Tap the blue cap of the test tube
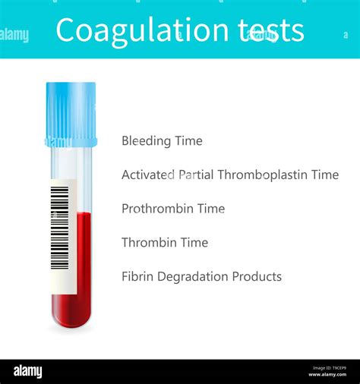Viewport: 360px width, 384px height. click(x=71, y=114)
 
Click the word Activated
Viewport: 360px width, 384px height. click(x=145, y=175)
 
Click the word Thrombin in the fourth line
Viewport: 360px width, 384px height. click(x=147, y=243)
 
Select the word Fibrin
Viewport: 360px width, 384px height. click(x=136, y=277)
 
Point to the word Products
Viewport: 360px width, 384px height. click(x=257, y=277)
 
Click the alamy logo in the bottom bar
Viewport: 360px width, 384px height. click(x=27, y=372)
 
